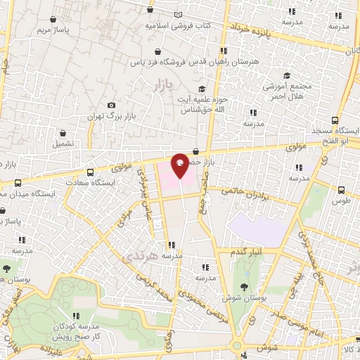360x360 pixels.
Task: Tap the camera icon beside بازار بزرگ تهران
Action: pyautogui.click(x=111, y=105)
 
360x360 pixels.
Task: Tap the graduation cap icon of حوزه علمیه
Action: pyautogui.click(x=202, y=89)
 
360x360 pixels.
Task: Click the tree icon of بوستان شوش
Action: pyautogui.click(x=243, y=287)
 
